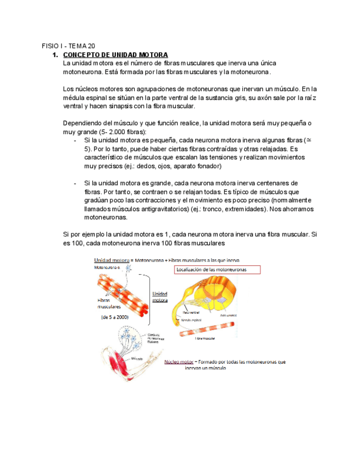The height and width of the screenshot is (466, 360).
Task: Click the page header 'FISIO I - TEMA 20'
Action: (x=68, y=46)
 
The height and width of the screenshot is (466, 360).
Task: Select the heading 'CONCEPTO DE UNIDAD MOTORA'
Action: (x=115, y=55)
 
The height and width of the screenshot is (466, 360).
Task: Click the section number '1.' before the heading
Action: (x=54, y=55)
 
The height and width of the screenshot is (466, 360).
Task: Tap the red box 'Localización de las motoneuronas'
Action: (x=217, y=269)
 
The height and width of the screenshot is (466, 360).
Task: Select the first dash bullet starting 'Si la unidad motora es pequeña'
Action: (x=75, y=141)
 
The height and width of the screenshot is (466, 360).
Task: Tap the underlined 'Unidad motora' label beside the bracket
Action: (x=160, y=297)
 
